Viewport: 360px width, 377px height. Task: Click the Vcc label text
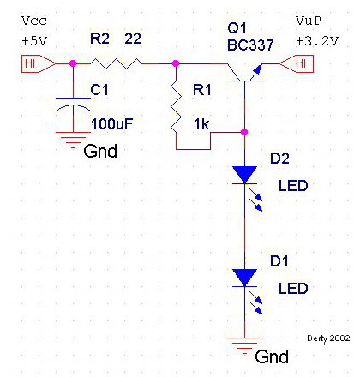tap(34, 21)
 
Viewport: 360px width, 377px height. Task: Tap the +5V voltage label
tap(34, 41)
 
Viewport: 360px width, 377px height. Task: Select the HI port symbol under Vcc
tap(39, 63)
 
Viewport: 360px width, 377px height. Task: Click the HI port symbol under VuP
tap(297, 63)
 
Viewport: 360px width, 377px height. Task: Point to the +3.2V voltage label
tap(317, 41)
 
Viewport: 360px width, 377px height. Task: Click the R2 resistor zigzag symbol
tap(116, 63)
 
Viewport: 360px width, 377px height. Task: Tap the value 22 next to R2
tap(133, 39)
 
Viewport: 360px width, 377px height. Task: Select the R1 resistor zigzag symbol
tap(176, 106)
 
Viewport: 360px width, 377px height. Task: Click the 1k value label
tap(201, 124)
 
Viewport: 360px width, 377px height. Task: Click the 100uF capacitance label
tap(111, 124)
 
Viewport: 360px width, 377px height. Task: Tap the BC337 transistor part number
tap(250, 45)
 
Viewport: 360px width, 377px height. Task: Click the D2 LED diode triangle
tap(244, 175)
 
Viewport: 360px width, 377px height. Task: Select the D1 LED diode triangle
tap(244, 278)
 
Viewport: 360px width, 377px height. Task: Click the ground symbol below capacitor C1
tap(73, 140)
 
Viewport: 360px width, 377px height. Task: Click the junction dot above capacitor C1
tap(73, 63)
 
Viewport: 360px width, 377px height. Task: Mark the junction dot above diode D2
tap(244, 132)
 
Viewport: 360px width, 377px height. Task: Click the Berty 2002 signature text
tap(328, 338)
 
